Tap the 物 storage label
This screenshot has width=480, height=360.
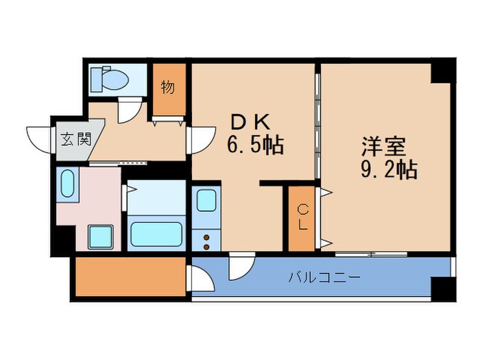point(167,87)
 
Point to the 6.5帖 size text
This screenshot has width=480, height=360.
point(255,145)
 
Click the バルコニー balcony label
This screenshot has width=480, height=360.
point(324,278)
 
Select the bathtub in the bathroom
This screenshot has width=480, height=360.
point(157,235)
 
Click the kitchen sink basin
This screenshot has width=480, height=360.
point(206,201)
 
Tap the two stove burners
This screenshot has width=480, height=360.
point(205,240)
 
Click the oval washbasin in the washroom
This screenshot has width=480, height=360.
point(67,184)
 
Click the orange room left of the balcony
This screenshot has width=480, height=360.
point(130,276)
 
